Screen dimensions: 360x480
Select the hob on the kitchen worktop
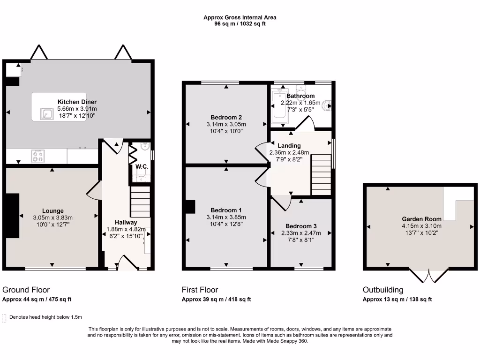click(37, 156)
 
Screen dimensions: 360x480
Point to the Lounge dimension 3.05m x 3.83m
click(52, 217)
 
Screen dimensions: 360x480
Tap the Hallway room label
click(126, 222)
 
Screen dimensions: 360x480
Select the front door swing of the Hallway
click(126, 262)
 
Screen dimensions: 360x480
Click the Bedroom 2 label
click(226, 117)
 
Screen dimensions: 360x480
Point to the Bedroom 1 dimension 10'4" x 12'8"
click(226, 224)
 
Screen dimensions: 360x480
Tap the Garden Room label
click(421, 219)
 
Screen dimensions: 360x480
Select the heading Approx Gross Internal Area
click(240, 17)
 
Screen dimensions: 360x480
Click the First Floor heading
click(200, 290)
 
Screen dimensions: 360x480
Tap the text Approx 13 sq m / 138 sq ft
click(397, 299)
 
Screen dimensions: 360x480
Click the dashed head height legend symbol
click(5, 317)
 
